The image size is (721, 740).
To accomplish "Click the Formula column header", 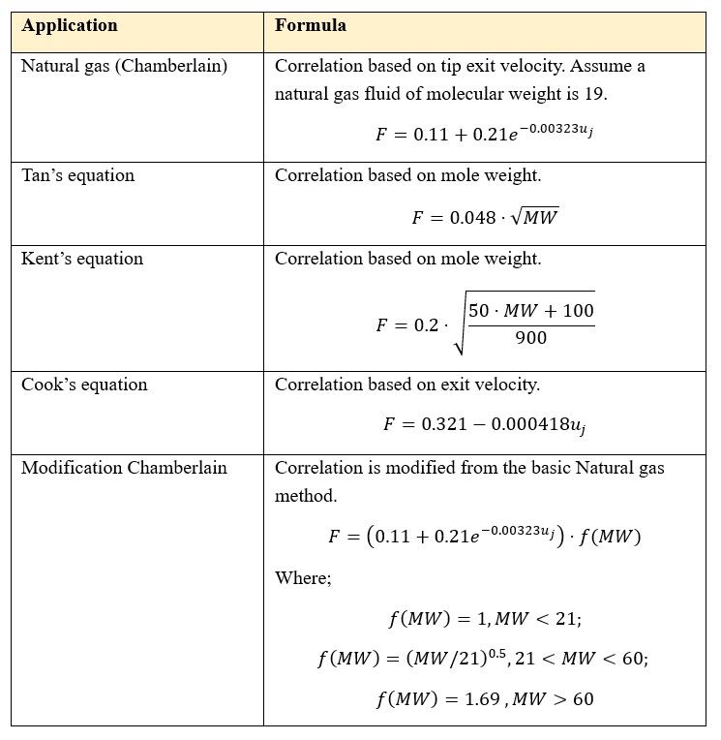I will point(310,26).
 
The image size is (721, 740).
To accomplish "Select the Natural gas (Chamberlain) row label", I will point(124,66).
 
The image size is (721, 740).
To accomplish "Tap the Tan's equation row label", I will point(78,175).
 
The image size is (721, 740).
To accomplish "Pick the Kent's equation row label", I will point(82,259).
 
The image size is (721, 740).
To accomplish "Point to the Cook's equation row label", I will point(84,385).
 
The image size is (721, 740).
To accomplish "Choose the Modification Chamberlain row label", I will point(124,468).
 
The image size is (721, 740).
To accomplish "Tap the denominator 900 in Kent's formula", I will point(531,338).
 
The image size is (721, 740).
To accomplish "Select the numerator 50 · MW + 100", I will point(531,311).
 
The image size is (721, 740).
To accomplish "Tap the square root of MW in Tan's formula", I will point(536,217).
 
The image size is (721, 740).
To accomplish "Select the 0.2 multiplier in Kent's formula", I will point(426,325).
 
